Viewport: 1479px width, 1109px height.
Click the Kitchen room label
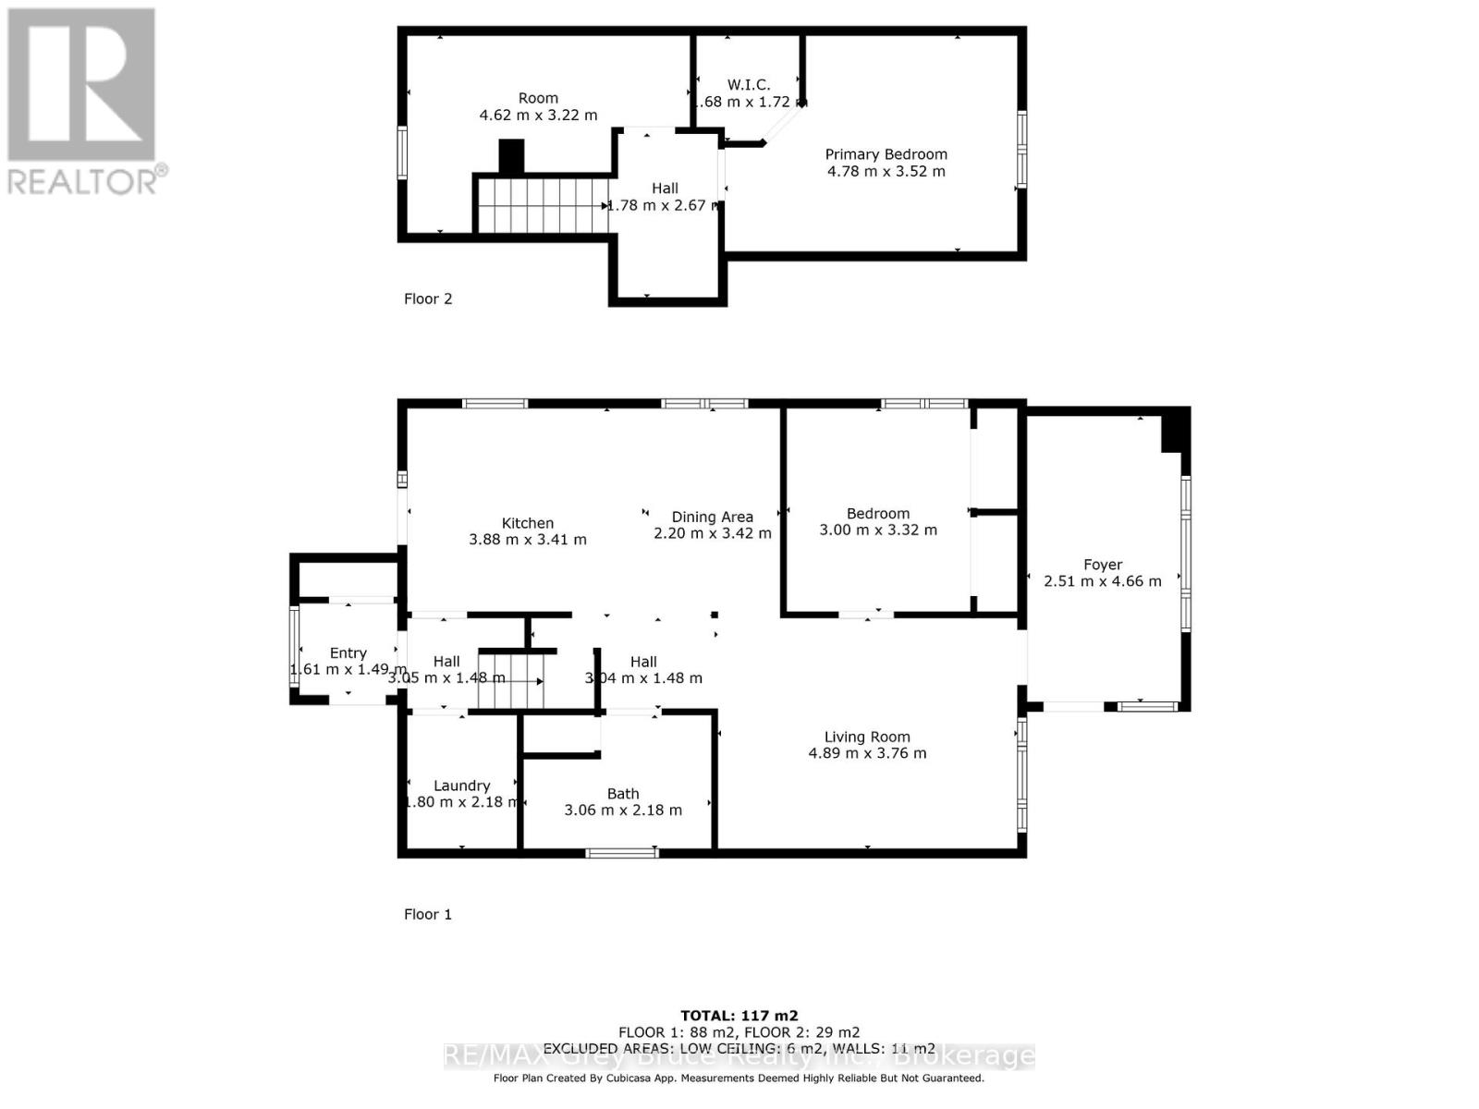[528, 523]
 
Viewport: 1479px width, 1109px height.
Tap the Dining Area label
[712, 517]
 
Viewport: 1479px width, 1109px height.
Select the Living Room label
[867, 737]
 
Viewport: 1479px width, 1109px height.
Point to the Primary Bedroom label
[886, 154]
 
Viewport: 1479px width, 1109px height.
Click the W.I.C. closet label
[748, 85]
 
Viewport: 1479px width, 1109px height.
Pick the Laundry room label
[461, 786]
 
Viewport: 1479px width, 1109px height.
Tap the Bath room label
[623, 793]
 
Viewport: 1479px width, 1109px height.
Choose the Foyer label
[1103, 565]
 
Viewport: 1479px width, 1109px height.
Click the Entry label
[348, 653]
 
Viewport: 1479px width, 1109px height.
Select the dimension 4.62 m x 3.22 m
[538, 116]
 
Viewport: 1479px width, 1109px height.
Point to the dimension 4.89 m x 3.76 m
[867, 753]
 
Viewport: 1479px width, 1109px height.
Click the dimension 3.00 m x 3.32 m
[878, 530]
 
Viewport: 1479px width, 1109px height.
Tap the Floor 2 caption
[428, 299]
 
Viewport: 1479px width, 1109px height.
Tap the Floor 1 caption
[428, 914]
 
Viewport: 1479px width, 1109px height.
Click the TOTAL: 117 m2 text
[739, 1016]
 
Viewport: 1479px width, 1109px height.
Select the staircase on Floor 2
[541, 205]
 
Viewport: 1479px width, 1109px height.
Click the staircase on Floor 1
[509, 682]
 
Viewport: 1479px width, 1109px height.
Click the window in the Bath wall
[623, 852]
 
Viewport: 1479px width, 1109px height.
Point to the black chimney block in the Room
[511, 155]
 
